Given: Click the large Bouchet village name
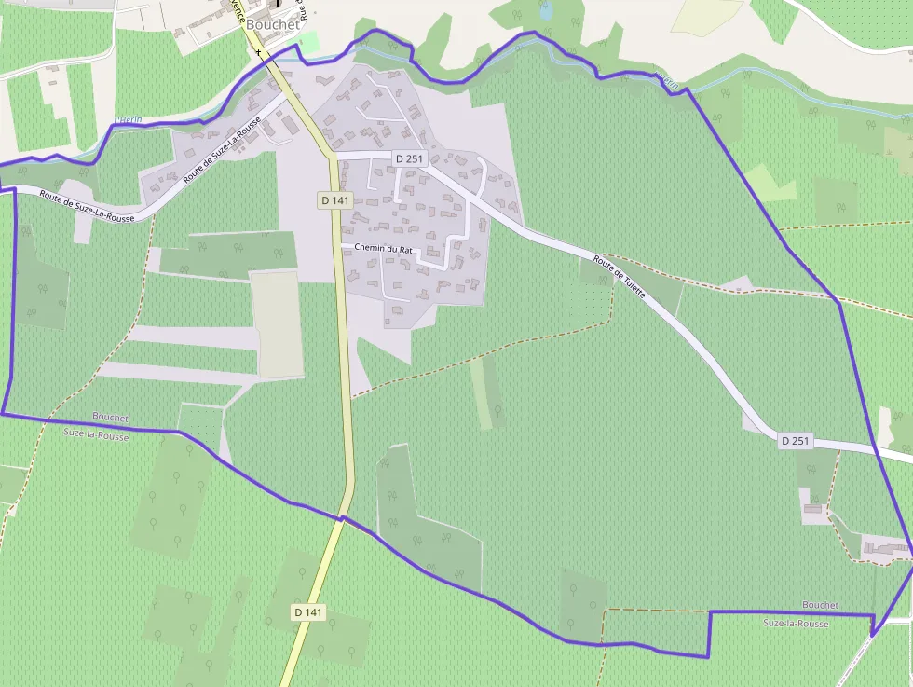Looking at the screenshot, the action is coord(273,24).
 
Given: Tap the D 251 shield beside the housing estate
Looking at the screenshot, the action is coord(409,158).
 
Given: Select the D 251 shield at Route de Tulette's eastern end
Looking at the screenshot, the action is coord(795,440).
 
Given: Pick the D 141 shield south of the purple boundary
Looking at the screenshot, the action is coord(309,611).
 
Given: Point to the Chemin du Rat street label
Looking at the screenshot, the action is coord(383,248).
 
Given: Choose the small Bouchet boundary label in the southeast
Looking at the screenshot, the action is coord(820,606).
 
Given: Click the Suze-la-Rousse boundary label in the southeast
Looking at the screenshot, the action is coord(796,623).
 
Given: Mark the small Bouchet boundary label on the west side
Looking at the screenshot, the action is coord(111,417).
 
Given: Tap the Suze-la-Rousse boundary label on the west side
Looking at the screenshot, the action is coord(97,435).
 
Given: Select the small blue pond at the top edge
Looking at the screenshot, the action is coord(545,10).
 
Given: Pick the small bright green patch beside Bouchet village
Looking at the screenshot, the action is coord(307,42).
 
